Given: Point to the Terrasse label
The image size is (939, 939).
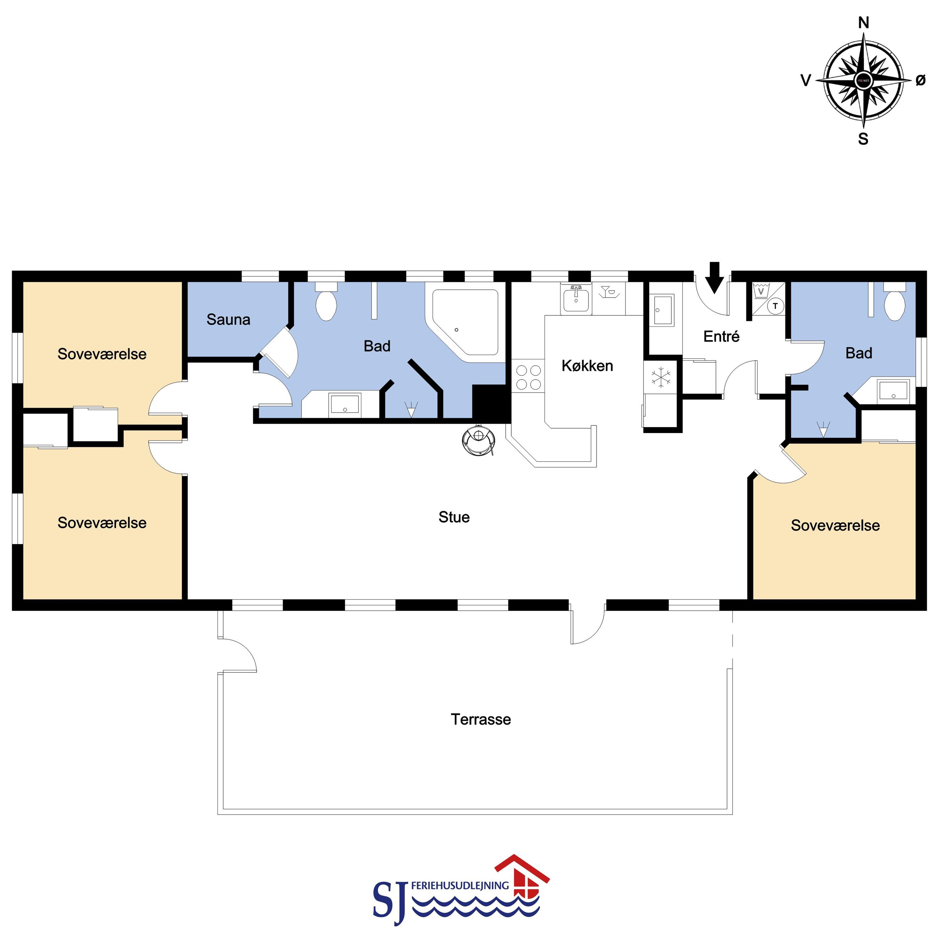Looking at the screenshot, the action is click(x=481, y=719).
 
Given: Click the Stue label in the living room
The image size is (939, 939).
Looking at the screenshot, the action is click(x=454, y=517).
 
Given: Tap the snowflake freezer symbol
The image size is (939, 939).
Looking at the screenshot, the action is click(x=661, y=378).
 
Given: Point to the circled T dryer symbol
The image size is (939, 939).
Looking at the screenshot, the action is click(x=775, y=306).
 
